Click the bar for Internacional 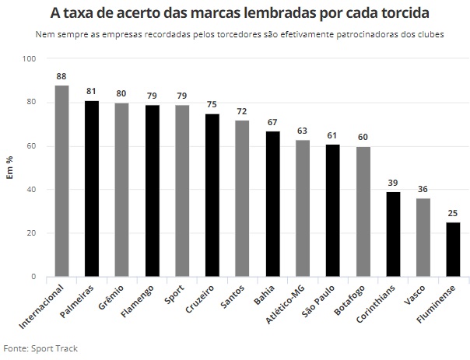(61, 180)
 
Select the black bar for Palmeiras (92, 188)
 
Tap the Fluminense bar (453, 249)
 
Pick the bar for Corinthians (393, 234)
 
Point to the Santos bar (242, 198)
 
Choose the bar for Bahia (272, 204)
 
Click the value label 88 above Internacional (61, 76)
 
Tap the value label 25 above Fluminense (453, 214)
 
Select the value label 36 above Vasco (423, 190)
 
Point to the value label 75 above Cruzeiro (212, 105)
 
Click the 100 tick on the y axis (29, 59)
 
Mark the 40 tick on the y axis (31, 190)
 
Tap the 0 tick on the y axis (33, 277)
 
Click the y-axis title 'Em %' (10, 168)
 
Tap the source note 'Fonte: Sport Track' (40, 348)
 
